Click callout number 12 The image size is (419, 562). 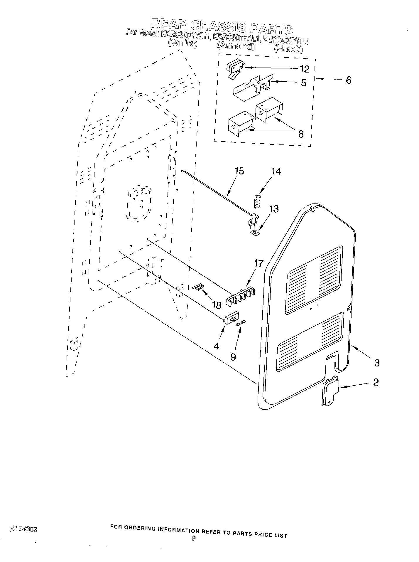tap(305, 69)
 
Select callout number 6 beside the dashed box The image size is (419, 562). tap(348, 80)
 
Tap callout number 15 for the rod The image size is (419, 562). tap(239, 171)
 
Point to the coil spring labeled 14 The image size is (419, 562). tap(257, 201)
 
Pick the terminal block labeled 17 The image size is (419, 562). tap(240, 297)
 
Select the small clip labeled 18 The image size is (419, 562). tap(199, 286)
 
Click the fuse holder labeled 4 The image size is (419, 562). tap(231, 320)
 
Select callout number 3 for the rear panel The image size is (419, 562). tap(377, 363)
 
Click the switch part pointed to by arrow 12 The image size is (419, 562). tap(234, 69)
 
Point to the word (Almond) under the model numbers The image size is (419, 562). tap(235, 46)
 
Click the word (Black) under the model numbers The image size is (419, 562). tap(288, 48)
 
